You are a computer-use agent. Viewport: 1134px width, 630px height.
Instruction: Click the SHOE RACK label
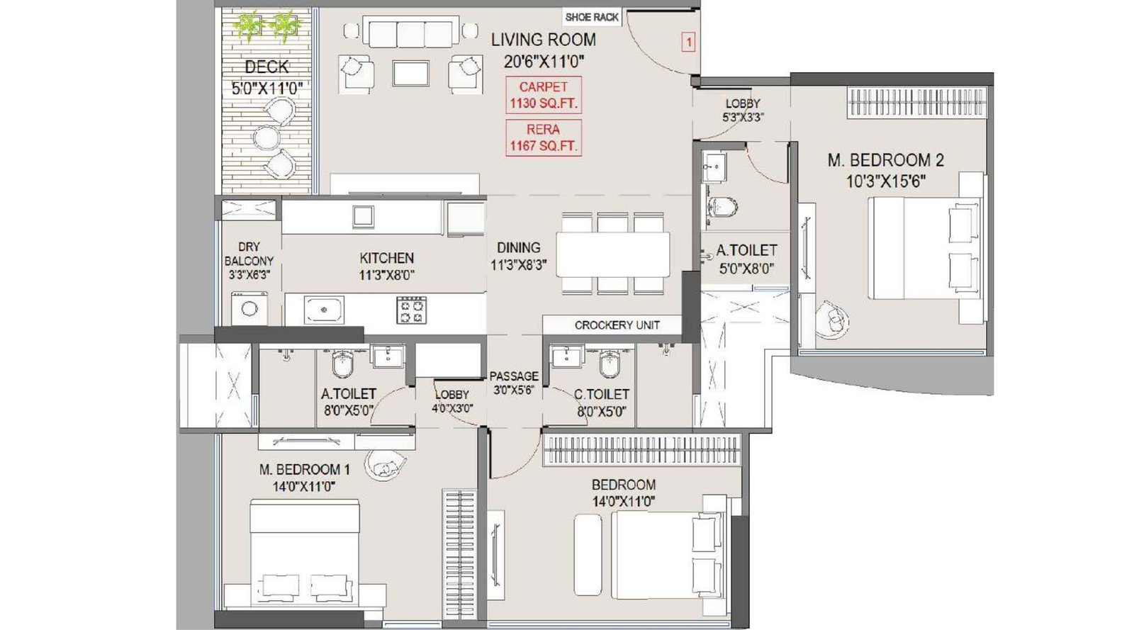pyautogui.click(x=592, y=17)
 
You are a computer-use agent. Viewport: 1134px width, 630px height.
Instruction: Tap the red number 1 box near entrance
pyautogui.click(x=687, y=43)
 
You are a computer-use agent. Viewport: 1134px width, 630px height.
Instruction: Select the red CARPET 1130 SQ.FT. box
pyautogui.click(x=544, y=95)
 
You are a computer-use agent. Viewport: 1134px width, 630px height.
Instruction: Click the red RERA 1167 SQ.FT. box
pyautogui.click(x=544, y=137)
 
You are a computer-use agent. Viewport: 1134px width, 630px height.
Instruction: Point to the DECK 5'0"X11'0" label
pyautogui.click(x=266, y=77)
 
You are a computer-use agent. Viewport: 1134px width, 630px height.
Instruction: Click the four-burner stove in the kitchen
pyautogui.click(x=411, y=310)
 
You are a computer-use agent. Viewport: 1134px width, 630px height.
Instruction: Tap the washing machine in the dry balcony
pyautogui.click(x=249, y=309)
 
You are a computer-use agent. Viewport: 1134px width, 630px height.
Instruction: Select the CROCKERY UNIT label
pyautogui.click(x=616, y=325)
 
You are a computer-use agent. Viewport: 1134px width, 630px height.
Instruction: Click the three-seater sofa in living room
pyautogui.click(x=410, y=33)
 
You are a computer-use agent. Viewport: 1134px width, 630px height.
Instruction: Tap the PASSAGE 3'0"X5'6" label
pyautogui.click(x=514, y=383)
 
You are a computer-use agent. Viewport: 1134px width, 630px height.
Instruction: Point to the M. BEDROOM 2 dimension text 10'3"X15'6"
pyautogui.click(x=885, y=181)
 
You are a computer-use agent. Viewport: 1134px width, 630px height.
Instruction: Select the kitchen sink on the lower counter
pyautogui.click(x=324, y=310)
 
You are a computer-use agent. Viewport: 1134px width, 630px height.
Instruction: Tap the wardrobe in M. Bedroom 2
pyautogui.click(x=916, y=103)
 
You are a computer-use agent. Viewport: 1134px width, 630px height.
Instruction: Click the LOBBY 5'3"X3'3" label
pyautogui.click(x=742, y=110)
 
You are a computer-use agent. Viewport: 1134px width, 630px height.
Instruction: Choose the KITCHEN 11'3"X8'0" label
pyautogui.click(x=386, y=266)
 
